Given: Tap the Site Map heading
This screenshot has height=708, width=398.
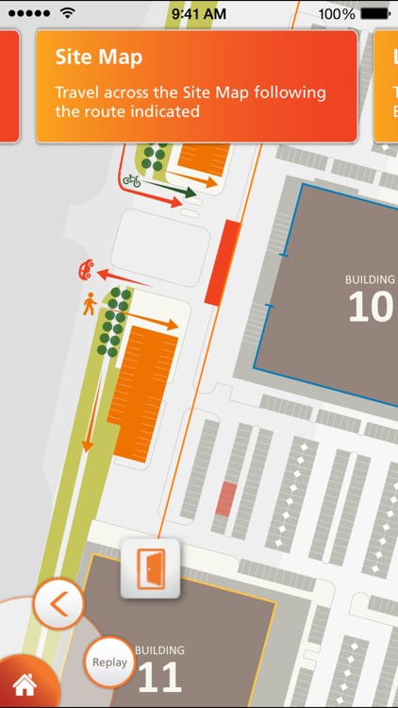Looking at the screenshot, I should (x=99, y=57).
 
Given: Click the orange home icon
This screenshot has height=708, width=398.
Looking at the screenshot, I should (x=24, y=684).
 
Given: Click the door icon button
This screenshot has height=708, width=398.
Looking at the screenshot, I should (x=150, y=569).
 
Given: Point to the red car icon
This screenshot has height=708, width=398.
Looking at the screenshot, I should (x=85, y=271).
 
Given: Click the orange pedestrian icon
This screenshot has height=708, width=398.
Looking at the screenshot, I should (x=90, y=303).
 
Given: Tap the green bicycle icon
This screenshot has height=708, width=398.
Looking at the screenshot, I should (x=132, y=180).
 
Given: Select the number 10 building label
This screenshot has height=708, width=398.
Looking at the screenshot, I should (x=371, y=307).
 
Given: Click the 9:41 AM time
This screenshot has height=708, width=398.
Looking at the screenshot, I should (x=199, y=14).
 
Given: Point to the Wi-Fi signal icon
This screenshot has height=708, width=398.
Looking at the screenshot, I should (x=67, y=14).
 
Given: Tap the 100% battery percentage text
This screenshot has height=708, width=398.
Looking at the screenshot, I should (x=337, y=14).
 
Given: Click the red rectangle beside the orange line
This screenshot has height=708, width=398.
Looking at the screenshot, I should (x=223, y=262).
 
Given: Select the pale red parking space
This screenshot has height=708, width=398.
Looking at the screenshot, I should (x=225, y=498).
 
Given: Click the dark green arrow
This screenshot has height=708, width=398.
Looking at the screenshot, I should (x=174, y=191).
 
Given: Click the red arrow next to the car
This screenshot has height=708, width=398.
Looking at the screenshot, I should (x=127, y=278).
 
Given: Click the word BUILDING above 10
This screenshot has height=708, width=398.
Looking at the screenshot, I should (x=370, y=280).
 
